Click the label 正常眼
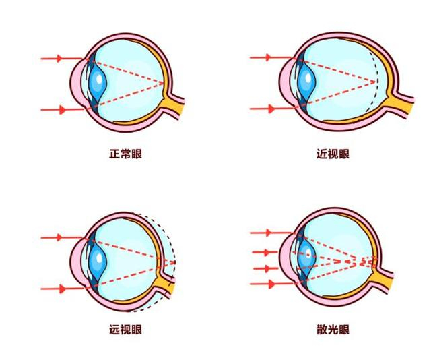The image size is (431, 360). pos(126,154)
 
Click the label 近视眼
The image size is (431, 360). pos(333,154)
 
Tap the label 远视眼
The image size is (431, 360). pos(126,330)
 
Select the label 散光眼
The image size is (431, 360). pos(333,330)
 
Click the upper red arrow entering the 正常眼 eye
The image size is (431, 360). pos(62,59)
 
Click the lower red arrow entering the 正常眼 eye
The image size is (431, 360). pos(62,109)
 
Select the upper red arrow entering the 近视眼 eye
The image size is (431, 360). pos(271,57)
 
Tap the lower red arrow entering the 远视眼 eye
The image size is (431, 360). pos(62,289)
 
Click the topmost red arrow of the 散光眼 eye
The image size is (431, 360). pos(271,233)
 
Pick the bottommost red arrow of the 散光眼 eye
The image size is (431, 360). pos(271,284)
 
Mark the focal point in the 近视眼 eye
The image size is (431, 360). pos(374,82)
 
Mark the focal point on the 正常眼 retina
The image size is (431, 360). pos(164,82)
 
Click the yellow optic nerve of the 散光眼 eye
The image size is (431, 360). pos(383,278)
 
